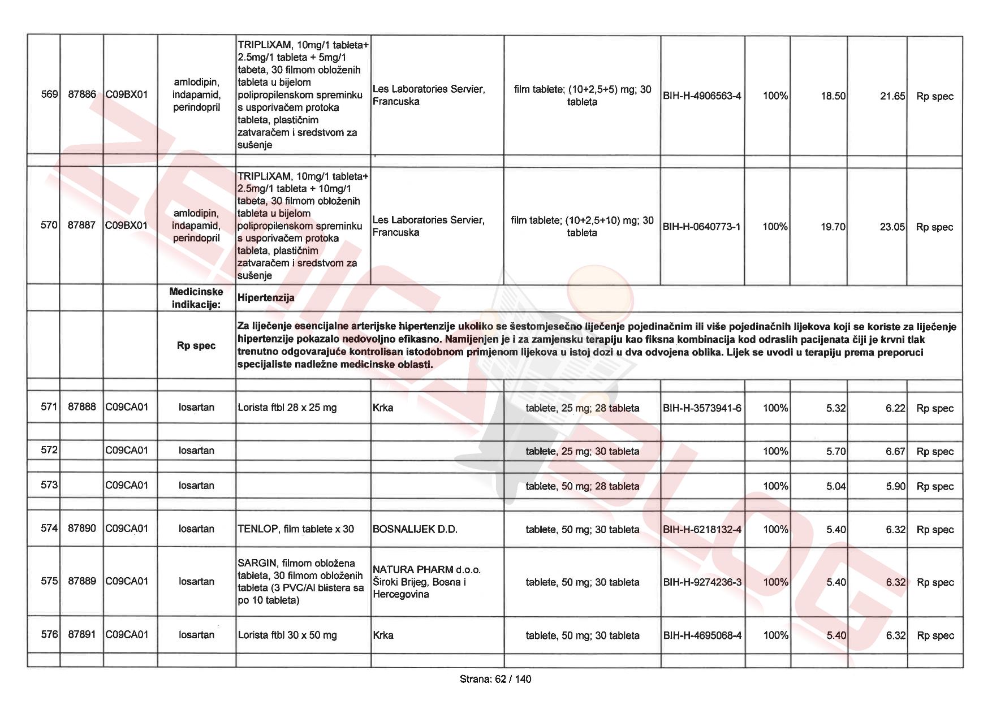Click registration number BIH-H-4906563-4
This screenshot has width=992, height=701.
coord(702,96)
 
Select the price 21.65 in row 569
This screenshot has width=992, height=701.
coord(892,96)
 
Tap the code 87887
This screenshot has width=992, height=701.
coord(81,225)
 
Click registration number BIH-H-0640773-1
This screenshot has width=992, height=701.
coord(701,227)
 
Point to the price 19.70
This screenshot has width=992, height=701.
coord(833,227)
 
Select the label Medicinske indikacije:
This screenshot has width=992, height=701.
coord(196,298)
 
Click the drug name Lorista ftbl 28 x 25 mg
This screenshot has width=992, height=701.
coord(287,408)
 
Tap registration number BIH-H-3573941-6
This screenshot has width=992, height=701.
coord(702,408)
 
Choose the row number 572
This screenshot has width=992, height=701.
coord(49,450)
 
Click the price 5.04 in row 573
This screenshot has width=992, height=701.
coord(836,486)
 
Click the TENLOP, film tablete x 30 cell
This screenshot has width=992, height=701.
coord(295,529)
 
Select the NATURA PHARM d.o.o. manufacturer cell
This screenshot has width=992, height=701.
coord(426,582)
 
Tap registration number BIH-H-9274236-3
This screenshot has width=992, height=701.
coord(702,582)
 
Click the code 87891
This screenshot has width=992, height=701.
coord(82,634)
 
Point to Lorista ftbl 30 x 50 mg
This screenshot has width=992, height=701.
coord(287,635)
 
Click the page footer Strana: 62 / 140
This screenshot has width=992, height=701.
coord(495,679)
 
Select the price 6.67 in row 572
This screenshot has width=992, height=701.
coord(895,452)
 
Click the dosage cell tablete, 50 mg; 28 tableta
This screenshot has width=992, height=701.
coord(582,486)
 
